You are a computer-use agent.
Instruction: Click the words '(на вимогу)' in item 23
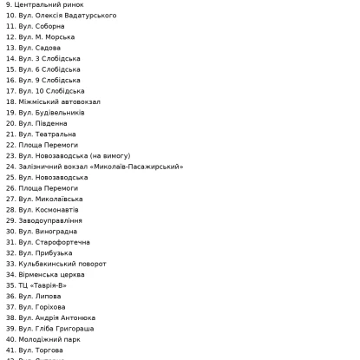pos(109,156)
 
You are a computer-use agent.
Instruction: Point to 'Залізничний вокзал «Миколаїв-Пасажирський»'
pos(101,167)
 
